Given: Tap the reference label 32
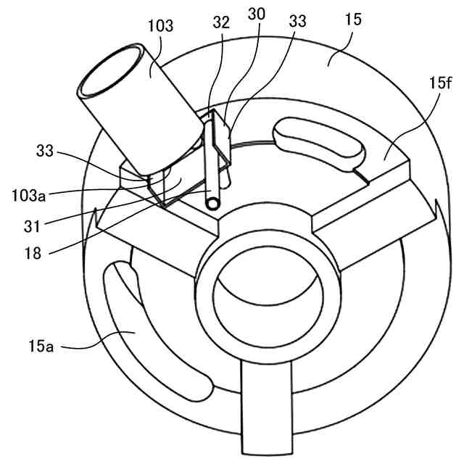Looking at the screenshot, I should [x=223, y=22].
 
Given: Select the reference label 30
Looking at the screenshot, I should [x=257, y=14].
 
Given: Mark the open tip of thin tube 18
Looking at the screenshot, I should [x=212, y=204].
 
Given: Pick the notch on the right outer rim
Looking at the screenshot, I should [x=436, y=211].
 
